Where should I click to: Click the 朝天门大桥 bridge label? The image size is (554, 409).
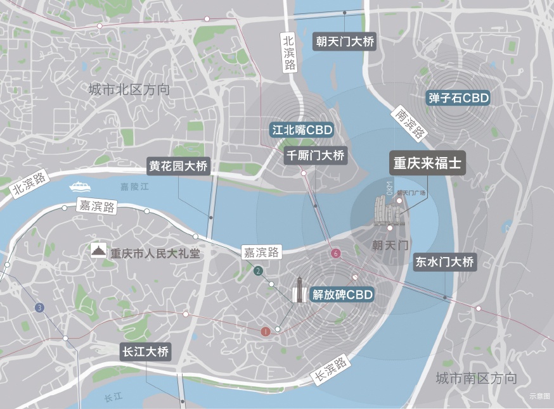(345, 42)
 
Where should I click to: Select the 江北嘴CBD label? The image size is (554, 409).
(301, 130)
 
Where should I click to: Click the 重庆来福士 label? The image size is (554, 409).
(427, 163)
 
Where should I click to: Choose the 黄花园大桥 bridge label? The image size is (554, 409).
(178, 167)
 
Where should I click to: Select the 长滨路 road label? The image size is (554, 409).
(331, 370)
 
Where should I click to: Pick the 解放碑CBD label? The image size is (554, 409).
(341, 294)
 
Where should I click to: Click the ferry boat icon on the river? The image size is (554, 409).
(80, 187)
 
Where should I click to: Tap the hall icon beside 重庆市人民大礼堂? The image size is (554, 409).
(98, 251)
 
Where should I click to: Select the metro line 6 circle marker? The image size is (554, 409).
(336, 254)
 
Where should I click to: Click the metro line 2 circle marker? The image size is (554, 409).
(258, 272)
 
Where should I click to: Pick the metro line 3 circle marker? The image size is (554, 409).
(40, 308)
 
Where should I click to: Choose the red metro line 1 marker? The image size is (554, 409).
(266, 330)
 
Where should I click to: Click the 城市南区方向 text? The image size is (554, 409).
(476, 379)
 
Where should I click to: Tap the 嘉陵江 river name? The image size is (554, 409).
(134, 187)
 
